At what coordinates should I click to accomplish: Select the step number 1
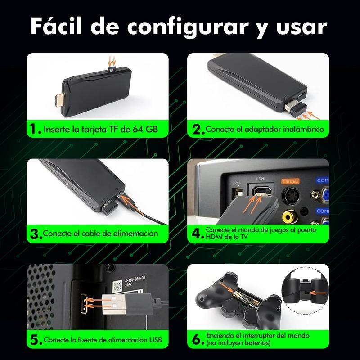coord(35,130)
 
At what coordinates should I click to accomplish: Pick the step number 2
coord(197,130)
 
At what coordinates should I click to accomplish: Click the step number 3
coord(35,234)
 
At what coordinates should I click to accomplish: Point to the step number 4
coord(197,234)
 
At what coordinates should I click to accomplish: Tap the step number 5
coord(35,340)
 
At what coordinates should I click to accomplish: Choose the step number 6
coord(197,340)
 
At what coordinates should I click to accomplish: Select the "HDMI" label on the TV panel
coord(261,179)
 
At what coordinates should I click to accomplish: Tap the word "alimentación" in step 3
coord(134,234)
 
